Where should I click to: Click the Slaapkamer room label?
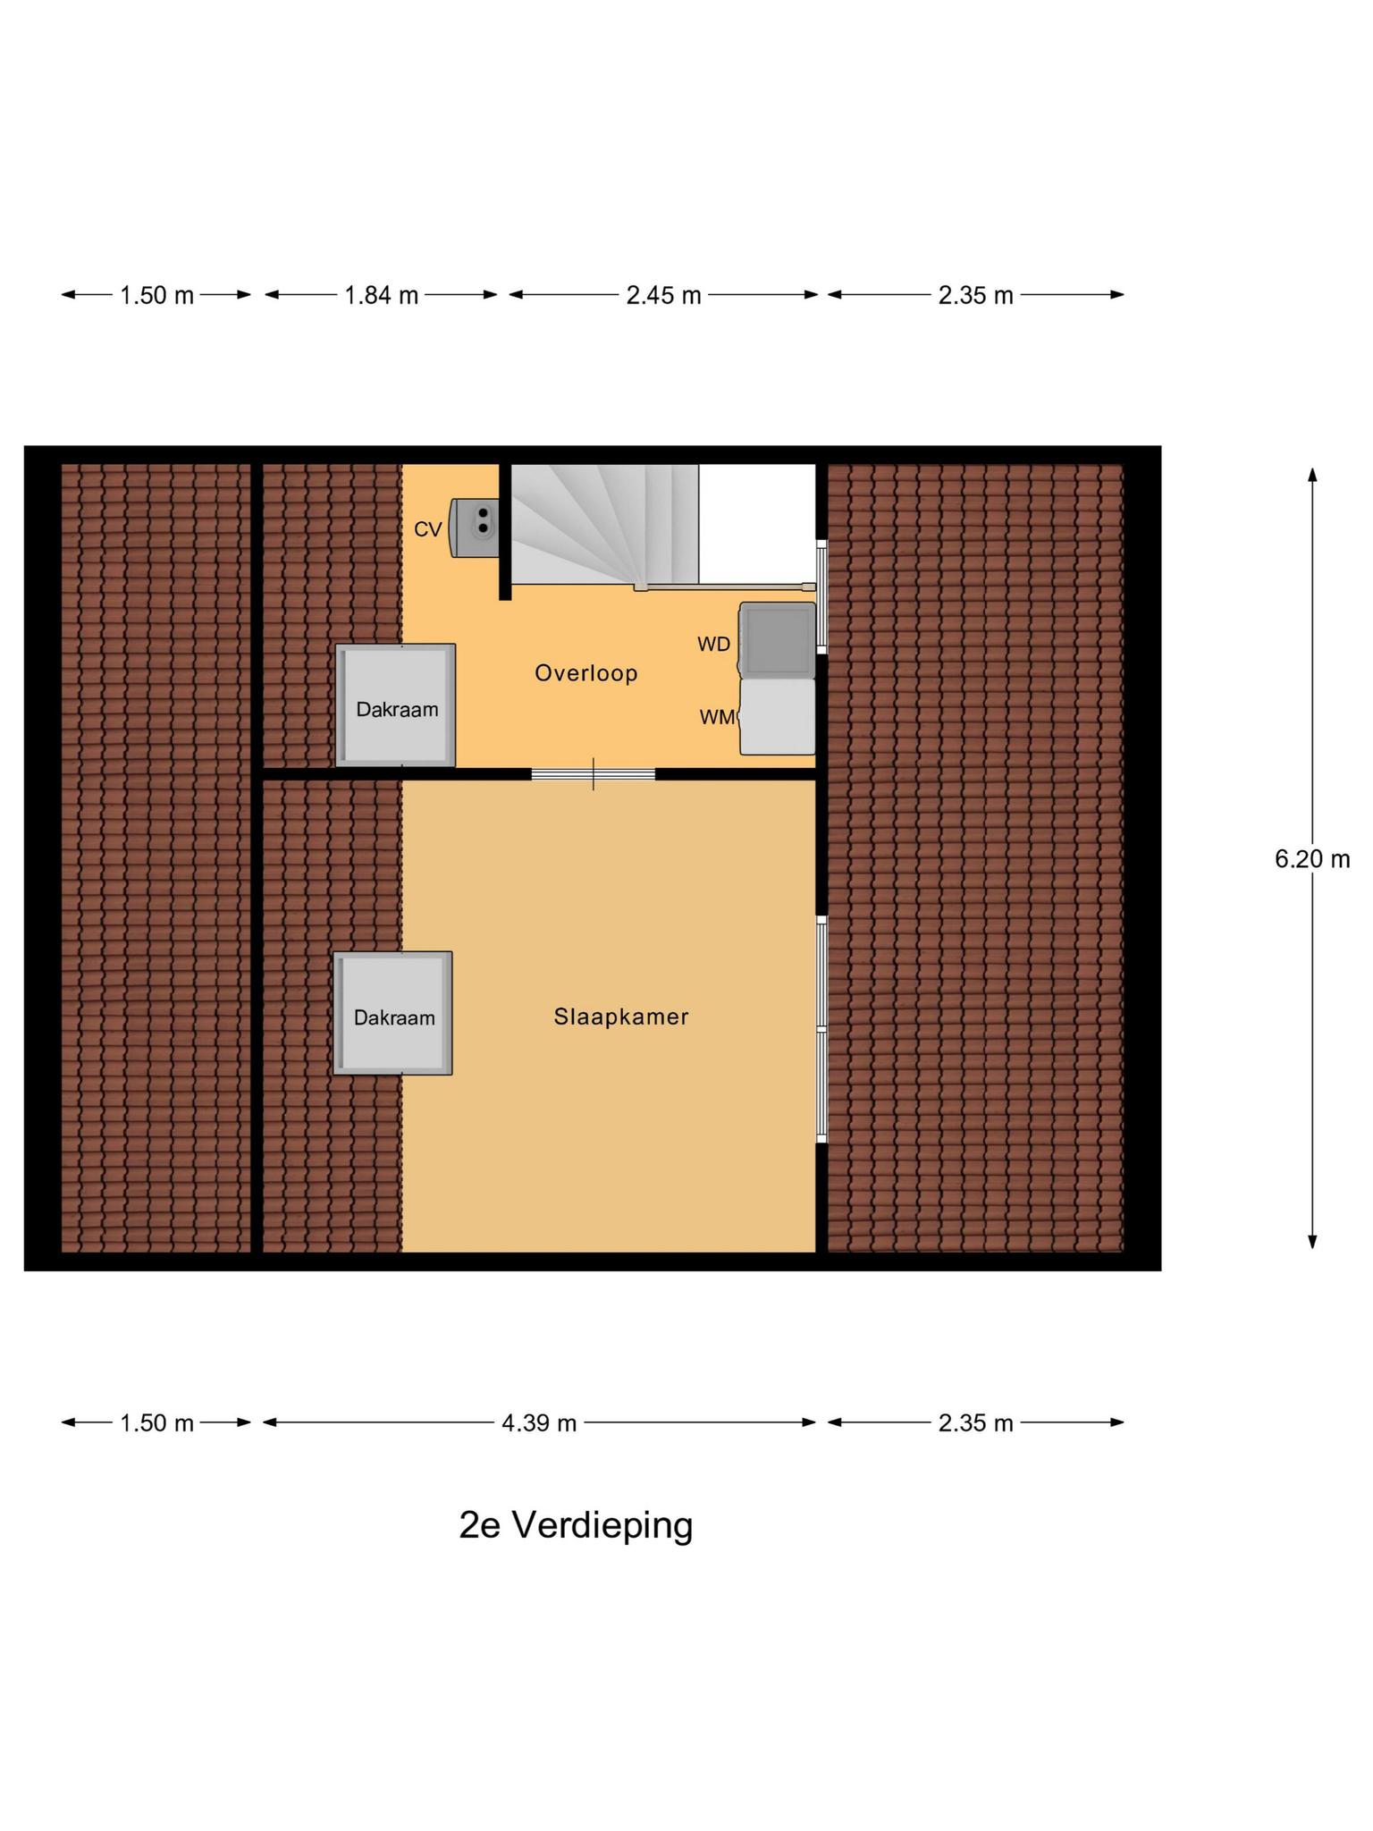[x=621, y=1017]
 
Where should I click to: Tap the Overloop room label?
[x=586, y=673]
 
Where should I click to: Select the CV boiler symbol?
[x=475, y=528]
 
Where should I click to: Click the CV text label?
[x=428, y=529]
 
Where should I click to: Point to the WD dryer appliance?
[x=777, y=638]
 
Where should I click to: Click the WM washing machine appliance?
[x=778, y=717]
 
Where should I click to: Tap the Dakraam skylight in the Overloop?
[x=396, y=706]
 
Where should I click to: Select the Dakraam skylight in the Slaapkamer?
[x=393, y=1014]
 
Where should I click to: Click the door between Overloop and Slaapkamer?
[x=594, y=774]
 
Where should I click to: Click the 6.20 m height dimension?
[x=1311, y=859]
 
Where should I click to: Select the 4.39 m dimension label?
[x=538, y=1422]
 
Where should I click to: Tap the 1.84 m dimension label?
[x=382, y=295]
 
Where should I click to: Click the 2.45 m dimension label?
[x=663, y=295]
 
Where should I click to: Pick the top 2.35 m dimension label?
[x=975, y=295]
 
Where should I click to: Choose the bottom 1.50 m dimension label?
[x=156, y=1422]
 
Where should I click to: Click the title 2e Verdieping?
[x=576, y=1526]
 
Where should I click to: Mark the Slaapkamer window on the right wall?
[x=821, y=1028]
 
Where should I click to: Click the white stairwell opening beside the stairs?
[x=756, y=522]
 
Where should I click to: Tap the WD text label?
[x=713, y=644]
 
